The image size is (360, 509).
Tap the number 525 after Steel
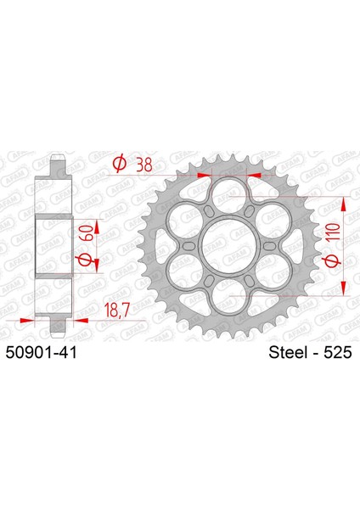coord(336,350)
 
